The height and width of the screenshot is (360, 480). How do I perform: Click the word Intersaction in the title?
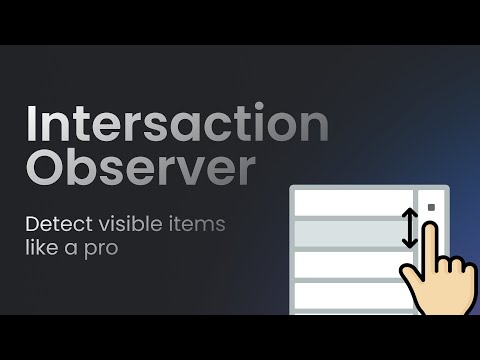176,125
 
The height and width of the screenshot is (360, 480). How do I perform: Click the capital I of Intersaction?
32,125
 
